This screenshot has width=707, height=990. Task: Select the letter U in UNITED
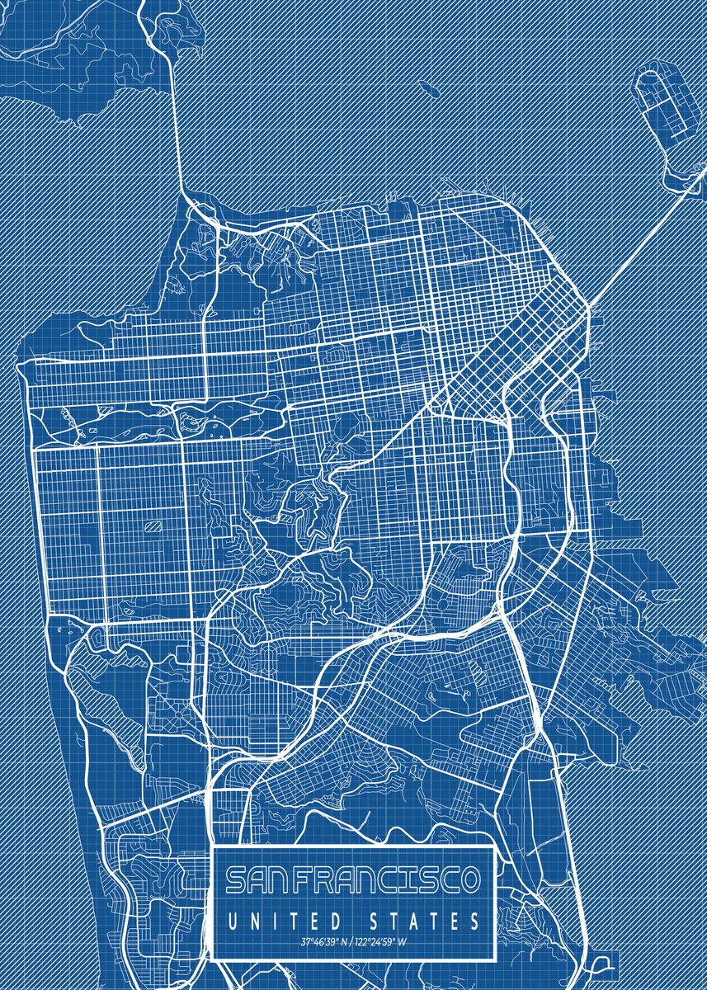click(232, 920)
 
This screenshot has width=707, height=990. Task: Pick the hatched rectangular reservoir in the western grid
click(152, 525)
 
